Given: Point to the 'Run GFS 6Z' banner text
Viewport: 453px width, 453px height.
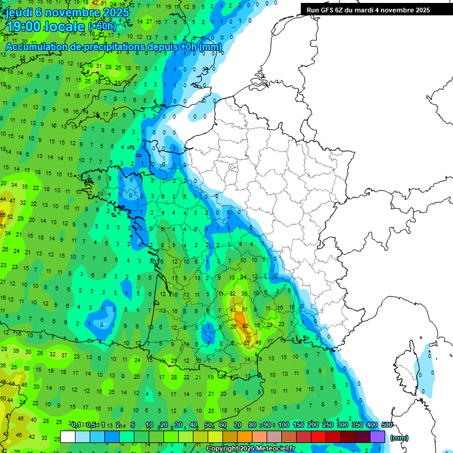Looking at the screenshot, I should [330, 10].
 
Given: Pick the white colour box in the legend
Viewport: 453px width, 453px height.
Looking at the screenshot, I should [68, 437].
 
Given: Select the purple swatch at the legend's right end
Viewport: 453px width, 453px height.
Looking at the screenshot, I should [377, 437].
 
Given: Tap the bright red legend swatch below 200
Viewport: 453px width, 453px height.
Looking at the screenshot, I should [319, 437].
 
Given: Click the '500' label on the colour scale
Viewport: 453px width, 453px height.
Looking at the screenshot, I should [387, 425].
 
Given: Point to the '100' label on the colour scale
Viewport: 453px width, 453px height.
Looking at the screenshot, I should [284, 425].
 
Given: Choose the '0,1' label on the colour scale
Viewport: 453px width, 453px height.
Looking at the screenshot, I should [76, 425].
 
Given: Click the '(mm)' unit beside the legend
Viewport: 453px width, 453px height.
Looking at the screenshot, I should [399, 438].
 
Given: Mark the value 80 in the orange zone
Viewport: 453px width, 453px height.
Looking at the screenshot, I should [245, 326].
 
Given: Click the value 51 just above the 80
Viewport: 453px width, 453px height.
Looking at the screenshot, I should [245, 310].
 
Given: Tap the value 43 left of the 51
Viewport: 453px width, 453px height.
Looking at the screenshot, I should [233, 310].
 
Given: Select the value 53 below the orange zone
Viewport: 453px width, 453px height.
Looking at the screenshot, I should [247, 343].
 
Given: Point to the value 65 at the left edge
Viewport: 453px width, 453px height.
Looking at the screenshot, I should [3, 216].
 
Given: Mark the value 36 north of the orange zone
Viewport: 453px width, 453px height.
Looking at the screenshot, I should [244, 293].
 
